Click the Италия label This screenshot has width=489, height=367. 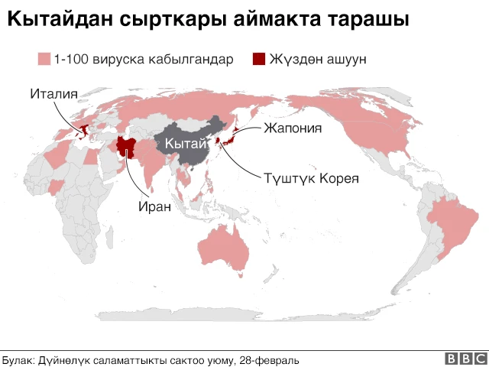tap(54, 95)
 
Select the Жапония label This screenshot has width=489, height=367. tap(293, 128)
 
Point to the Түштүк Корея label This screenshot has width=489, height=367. tap(300, 178)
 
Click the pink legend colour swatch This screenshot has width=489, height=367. tap(44, 59)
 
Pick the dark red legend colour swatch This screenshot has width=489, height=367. tap(258, 59)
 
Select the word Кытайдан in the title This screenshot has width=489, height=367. tap(63, 21)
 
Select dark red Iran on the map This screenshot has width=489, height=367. tap(125, 147)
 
